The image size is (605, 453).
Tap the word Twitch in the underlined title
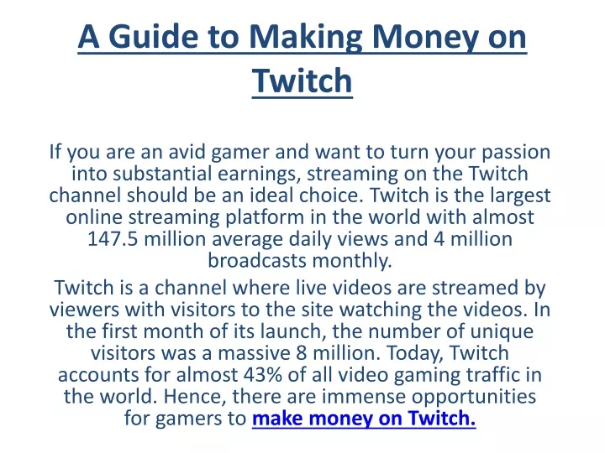point(302,81)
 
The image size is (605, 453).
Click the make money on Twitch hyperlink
point(364,419)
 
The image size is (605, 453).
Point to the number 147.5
point(113,238)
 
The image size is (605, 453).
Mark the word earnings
point(259,174)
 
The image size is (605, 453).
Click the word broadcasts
point(256,260)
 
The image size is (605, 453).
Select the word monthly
point(352,262)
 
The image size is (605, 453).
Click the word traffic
point(491,375)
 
